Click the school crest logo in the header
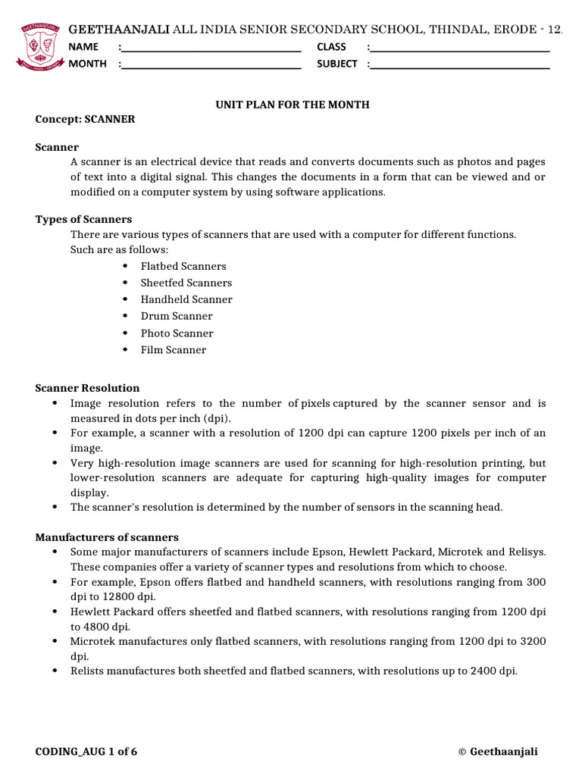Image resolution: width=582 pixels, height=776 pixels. coord(38,45)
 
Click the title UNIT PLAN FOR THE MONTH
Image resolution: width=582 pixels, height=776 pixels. coord(293,105)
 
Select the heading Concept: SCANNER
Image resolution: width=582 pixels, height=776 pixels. coord(85,120)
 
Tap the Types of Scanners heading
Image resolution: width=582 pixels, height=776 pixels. coord(83,219)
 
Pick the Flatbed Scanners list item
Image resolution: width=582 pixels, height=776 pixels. coord(183,267)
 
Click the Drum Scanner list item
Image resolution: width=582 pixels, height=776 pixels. coord(177,317)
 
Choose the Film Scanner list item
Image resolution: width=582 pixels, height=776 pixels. coord(173,350)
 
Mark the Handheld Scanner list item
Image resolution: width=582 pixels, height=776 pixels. coord(186,300)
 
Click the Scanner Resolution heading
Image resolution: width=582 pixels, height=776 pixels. coord(87,388)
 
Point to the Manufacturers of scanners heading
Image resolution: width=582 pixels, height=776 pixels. coord(107,537)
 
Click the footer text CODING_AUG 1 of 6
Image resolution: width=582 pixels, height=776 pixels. coord(86,752)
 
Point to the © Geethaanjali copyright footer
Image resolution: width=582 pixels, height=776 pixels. coord(498,752)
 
